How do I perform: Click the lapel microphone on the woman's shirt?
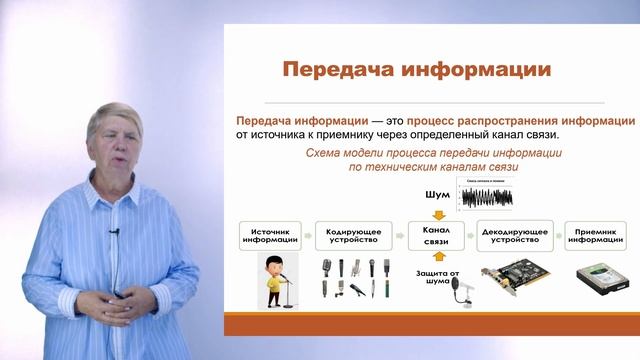[x=115, y=234]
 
